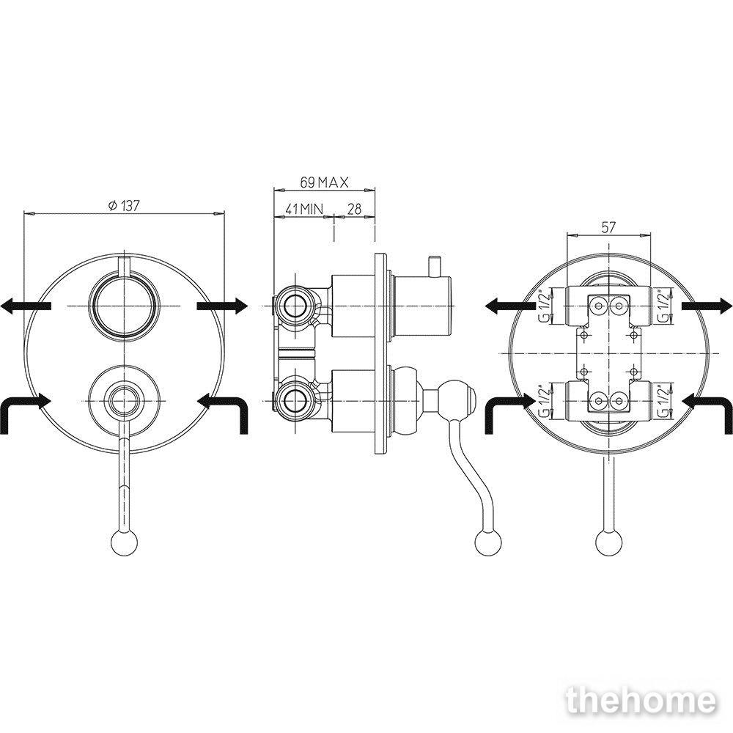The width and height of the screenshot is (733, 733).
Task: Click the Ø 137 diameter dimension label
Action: (124, 206)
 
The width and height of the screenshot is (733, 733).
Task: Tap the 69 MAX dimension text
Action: (325, 183)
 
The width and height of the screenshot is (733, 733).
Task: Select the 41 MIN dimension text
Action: (304, 209)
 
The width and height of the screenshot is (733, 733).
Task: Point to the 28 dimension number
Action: (355, 209)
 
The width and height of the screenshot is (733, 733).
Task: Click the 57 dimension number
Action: (608, 228)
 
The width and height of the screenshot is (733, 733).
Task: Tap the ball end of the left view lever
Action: (125, 543)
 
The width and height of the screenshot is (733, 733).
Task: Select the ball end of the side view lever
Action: (488, 544)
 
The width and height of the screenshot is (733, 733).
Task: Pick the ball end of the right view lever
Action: (609, 544)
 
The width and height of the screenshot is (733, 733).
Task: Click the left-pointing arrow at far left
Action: (26, 306)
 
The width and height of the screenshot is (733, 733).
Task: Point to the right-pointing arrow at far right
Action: (707, 306)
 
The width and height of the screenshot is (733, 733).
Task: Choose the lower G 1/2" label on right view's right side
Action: (663, 399)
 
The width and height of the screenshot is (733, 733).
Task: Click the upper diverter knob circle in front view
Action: (125, 306)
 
